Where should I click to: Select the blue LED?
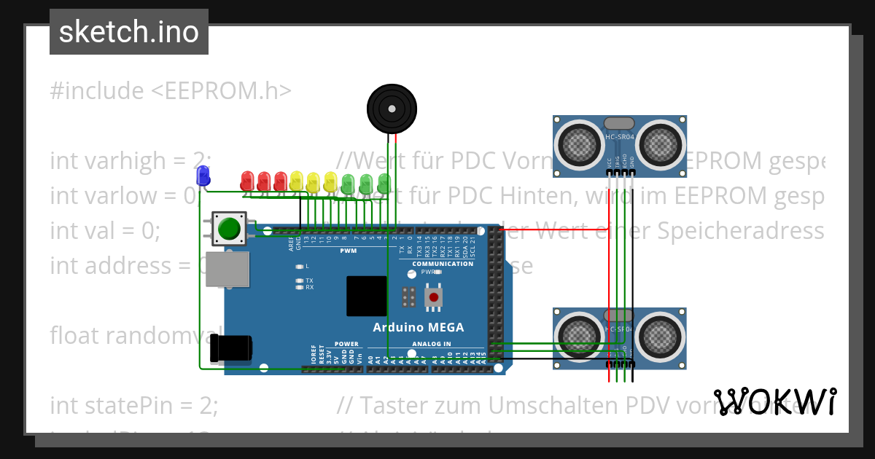[203, 175]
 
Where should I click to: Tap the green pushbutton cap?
[229, 229]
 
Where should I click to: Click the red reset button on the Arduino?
[434, 297]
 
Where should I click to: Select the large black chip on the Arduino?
[367, 296]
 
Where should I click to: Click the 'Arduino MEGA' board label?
[418, 327]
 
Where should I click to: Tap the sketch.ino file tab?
[129, 32]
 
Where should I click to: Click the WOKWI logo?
[775, 401]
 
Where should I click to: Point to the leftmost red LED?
[247, 178]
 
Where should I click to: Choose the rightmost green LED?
[384, 181]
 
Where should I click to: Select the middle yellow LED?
[314, 180]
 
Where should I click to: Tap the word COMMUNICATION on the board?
[443, 264]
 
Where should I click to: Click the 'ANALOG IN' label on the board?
[432, 344]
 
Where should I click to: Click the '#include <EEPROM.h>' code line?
[171, 91]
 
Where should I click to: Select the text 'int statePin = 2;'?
[134, 405]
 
